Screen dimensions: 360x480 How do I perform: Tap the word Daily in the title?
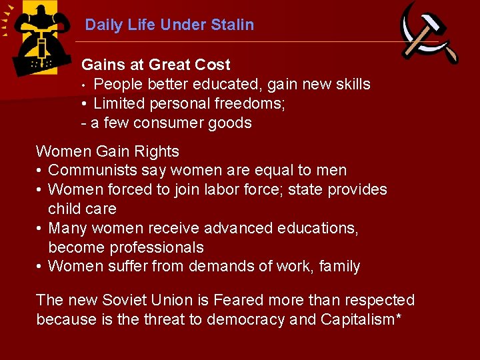[103, 25]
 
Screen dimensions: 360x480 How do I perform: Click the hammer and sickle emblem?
[429, 33]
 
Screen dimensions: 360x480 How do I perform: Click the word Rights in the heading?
[157, 151]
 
